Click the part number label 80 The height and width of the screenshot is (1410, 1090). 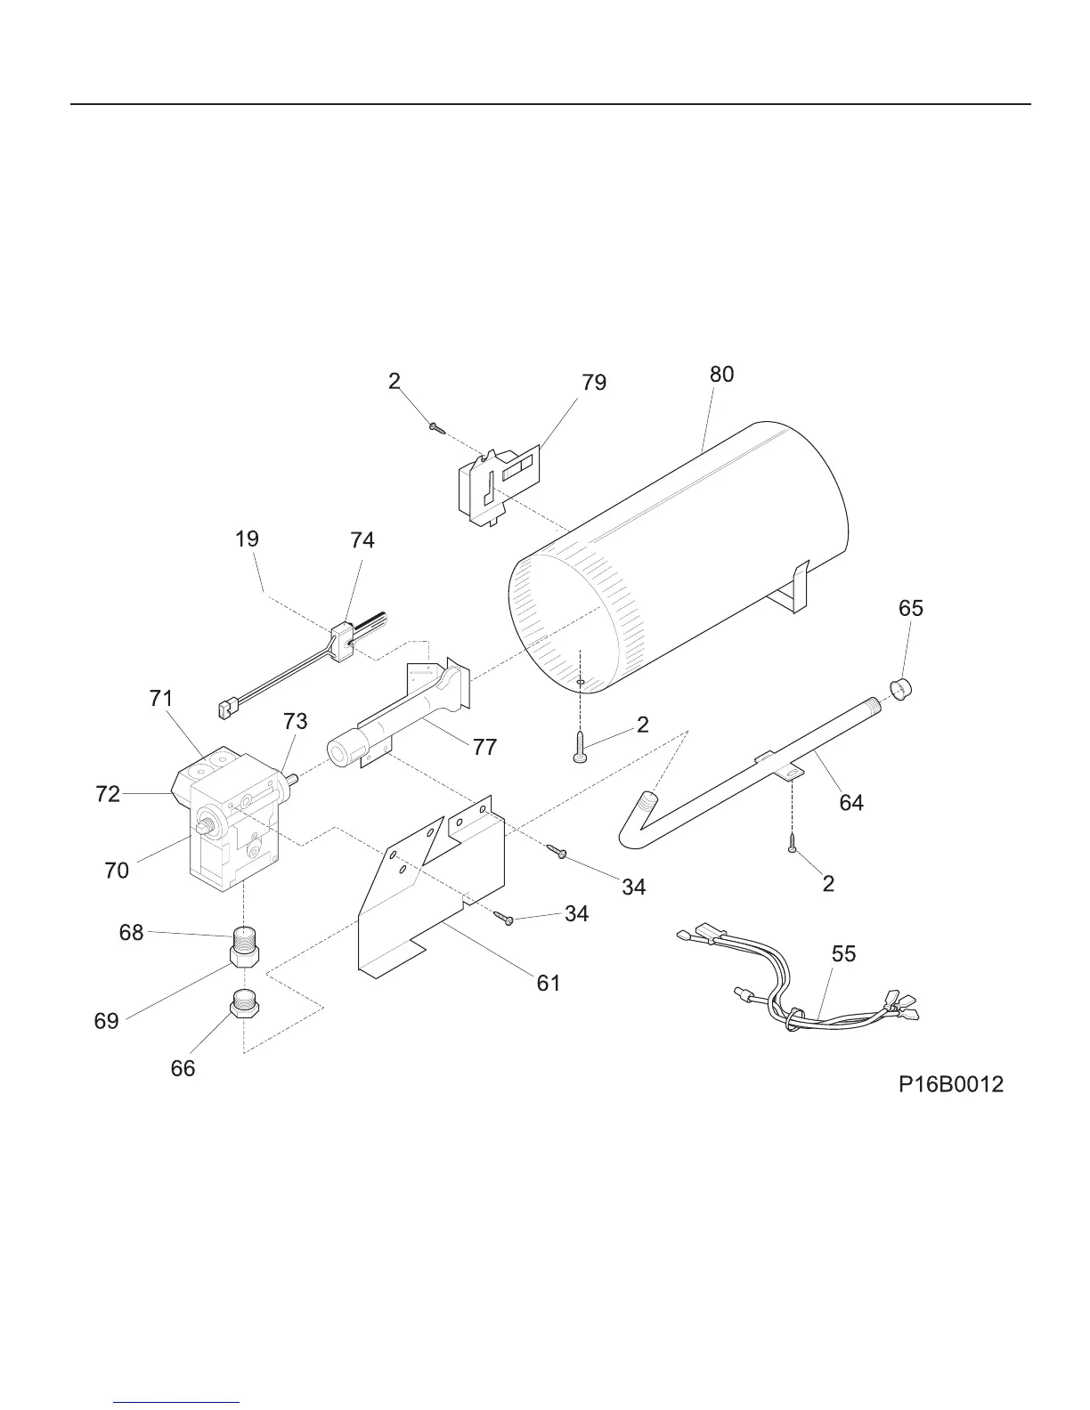(x=721, y=375)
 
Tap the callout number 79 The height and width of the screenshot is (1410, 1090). (x=594, y=383)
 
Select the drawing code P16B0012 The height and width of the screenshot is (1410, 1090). (x=950, y=1084)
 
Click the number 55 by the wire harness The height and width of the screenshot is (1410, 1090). (x=843, y=954)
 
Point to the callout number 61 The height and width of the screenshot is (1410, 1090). (x=549, y=983)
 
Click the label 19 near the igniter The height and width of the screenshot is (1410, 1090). (x=248, y=539)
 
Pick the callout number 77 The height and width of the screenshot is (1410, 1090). (x=484, y=747)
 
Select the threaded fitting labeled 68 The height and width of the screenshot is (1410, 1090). (x=243, y=936)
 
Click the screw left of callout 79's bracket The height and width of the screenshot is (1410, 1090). (x=435, y=428)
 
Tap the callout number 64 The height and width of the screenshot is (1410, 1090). (x=851, y=803)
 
